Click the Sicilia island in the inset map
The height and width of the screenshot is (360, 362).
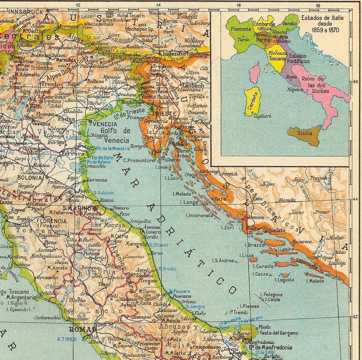305,134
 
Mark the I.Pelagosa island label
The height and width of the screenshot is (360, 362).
271,294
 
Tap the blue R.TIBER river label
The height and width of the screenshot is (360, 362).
66,339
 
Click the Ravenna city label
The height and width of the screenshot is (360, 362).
97,180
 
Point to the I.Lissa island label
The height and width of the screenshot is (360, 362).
246,255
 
